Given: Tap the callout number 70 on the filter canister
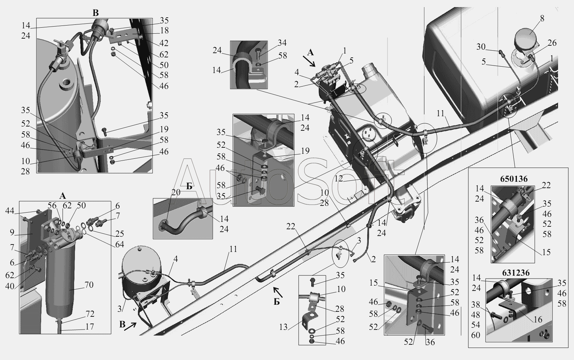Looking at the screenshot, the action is click(x=89, y=285).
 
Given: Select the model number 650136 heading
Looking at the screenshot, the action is click(x=514, y=179).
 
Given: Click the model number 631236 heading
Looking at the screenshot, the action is click(x=516, y=273).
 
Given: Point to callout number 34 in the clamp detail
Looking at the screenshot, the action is click(x=282, y=43).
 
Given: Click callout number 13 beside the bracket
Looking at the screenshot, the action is click(x=283, y=327).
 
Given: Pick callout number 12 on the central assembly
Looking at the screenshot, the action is click(x=339, y=179).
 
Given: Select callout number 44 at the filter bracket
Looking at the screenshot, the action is click(x=10, y=211).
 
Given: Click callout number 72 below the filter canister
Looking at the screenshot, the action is click(x=90, y=314).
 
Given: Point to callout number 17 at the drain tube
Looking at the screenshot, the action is click(x=89, y=327).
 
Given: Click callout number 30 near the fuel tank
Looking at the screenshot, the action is click(x=481, y=47).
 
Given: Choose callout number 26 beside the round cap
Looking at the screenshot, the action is click(x=552, y=43).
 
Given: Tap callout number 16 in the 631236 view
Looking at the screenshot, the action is click(x=537, y=319).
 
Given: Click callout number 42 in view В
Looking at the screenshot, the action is click(x=164, y=43).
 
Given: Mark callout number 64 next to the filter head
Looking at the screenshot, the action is click(x=119, y=244).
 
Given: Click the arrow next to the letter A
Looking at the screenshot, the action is click(x=309, y=61).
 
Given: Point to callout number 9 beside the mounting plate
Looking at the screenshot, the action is click(x=12, y=232).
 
